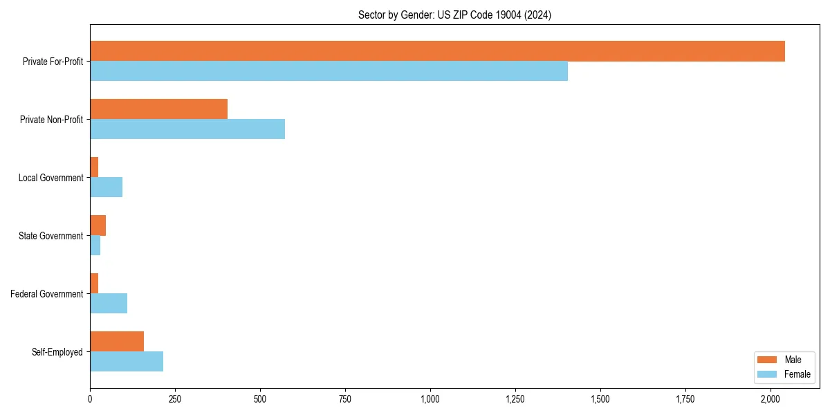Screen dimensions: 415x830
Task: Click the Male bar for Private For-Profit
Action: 437,51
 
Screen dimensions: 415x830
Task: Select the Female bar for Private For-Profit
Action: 329,71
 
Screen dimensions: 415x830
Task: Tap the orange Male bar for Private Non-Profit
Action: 158,109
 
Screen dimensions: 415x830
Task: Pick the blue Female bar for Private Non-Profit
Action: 187,129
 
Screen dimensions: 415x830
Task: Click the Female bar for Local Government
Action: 106,187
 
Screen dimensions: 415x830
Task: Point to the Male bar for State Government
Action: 98,225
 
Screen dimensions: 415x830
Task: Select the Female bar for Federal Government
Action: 109,304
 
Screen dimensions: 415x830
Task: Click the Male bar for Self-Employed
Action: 117,342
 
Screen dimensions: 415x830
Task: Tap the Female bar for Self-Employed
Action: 127,362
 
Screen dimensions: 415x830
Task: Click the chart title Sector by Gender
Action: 454,15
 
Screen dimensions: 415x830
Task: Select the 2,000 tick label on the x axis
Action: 771,399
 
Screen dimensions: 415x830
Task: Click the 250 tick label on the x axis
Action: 175,399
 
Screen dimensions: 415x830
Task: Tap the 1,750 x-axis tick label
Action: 685,399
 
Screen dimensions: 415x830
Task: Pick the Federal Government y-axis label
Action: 46,294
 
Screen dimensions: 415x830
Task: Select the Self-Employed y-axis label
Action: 57,352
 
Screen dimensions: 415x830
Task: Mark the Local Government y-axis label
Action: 50,178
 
